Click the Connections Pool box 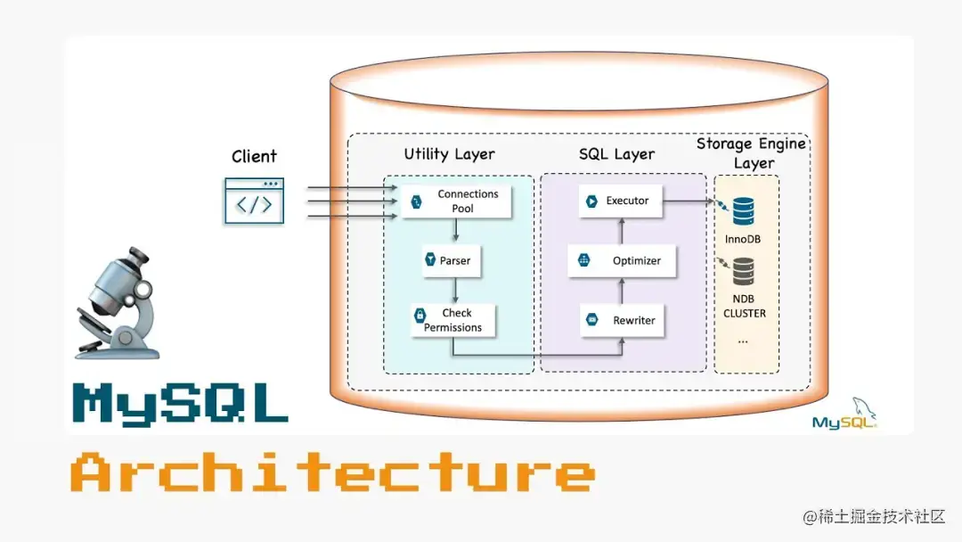[x=456, y=201]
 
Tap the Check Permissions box [x=452, y=320]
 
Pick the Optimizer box [x=622, y=261]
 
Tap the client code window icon [x=254, y=201]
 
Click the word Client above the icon [x=254, y=157]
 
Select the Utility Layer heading [x=449, y=154]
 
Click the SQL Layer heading [x=617, y=154]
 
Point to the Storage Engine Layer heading [x=751, y=153]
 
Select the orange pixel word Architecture [x=331, y=472]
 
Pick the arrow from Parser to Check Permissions [x=456, y=290]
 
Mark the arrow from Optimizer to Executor [x=621, y=230]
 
